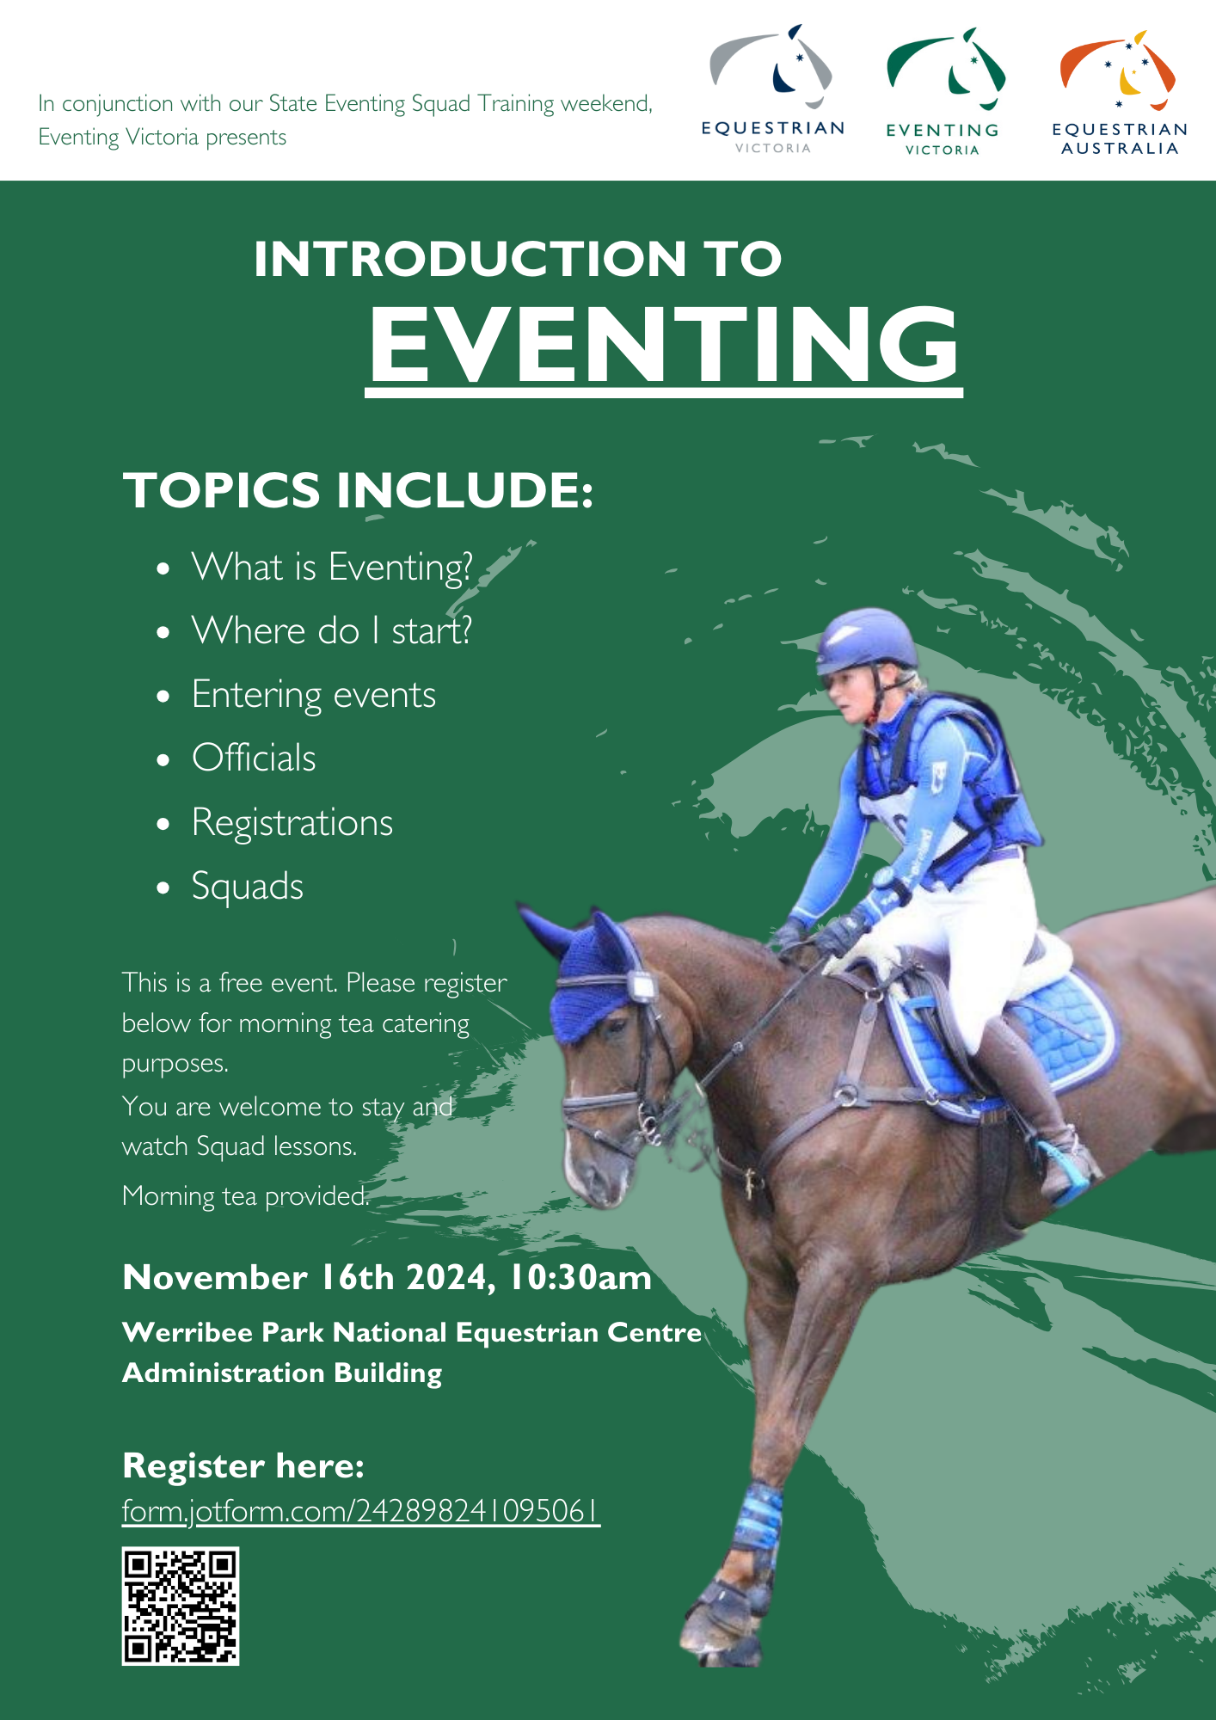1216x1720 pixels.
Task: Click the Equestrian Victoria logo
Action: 772,89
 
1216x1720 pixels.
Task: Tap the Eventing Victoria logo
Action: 943,91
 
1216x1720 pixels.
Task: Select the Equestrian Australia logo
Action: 1119,93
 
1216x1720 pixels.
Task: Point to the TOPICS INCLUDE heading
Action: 358,490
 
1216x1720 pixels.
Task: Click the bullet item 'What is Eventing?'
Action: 332,568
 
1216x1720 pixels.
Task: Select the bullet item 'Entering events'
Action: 314,695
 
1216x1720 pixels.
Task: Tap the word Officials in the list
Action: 254,758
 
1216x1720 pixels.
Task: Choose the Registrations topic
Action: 292,823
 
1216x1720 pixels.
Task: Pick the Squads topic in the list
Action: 248,887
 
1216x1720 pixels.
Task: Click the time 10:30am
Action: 580,1277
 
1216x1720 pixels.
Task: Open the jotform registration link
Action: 361,1511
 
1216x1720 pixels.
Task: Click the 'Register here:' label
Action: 243,1465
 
